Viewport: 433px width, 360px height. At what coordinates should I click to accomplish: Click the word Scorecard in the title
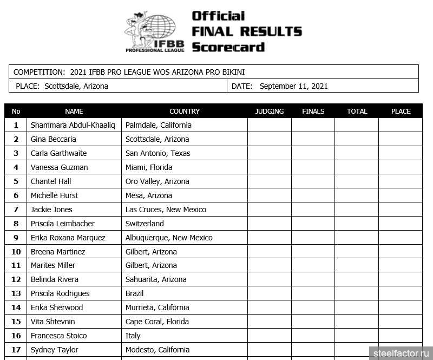tap(228, 47)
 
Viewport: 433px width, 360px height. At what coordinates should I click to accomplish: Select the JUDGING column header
tap(269, 111)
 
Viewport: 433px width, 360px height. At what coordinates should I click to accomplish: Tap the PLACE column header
tap(401, 111)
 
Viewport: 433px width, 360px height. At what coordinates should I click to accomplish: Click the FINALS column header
tap(313, 111)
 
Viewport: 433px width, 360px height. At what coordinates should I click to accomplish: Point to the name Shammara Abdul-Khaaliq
tap(73, 125)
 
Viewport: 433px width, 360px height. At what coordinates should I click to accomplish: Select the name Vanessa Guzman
tap(59, 167)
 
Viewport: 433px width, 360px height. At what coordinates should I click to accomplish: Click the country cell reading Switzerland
tap(145, 224)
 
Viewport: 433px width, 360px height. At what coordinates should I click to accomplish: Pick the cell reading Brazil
tap(134, 293)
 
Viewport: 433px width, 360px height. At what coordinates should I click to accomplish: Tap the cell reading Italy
tap(133, 336)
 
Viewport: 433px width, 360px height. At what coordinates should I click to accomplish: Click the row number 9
tap(16, 238)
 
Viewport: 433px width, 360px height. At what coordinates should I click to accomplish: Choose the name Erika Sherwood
tap(57, 307)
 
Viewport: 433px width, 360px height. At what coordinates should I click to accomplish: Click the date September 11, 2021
tap(293, 86)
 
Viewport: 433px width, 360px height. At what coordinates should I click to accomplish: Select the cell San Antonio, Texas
tap(158, 153)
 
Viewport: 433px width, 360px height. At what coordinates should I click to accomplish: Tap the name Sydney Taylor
tap(54, 350)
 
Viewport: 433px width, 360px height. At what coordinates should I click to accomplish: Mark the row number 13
tap(16, 293)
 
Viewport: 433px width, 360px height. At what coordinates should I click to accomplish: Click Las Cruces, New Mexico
tap(166, 210)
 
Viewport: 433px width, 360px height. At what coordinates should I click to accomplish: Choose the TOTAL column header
tap(357, 111)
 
